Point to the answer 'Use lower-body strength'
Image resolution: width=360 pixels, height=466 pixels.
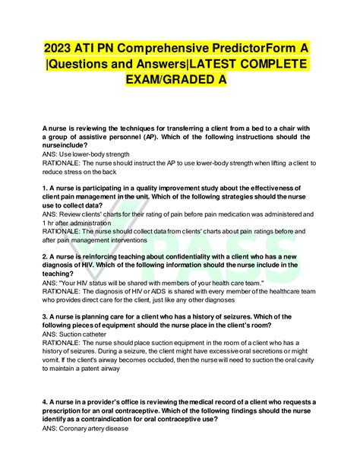pyautogui.click(x=91, y=154)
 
